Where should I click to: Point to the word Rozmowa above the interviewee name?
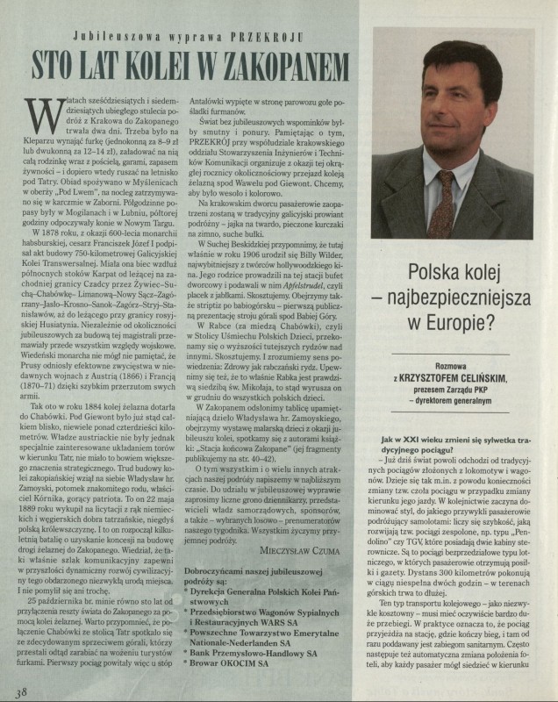click(460, 383)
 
